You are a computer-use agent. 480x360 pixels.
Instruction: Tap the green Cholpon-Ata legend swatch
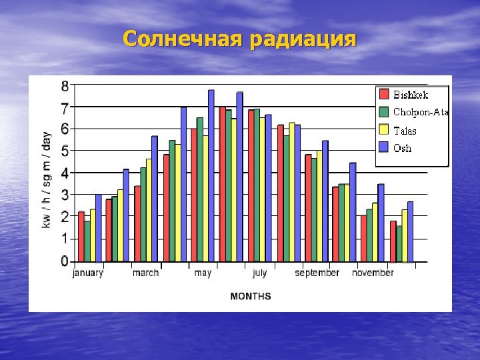point(384,111)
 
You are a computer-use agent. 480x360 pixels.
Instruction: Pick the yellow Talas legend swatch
point(384,129)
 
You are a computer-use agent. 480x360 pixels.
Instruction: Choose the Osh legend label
point(403,148)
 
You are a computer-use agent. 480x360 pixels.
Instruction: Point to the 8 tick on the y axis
point(65,85)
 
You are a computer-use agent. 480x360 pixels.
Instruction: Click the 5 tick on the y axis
point(65,151)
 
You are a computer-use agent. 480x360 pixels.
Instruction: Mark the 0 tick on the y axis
point(65,261)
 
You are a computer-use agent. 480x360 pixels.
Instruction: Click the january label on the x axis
point(88,273)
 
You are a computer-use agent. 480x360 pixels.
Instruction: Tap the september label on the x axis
point(317,273)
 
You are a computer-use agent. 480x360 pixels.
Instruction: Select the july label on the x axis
point(259,273)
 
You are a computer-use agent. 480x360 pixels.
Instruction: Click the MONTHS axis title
point(250,295)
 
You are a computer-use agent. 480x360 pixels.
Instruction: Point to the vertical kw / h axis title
point(47,180)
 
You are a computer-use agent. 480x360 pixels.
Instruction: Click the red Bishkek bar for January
point(81,236)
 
